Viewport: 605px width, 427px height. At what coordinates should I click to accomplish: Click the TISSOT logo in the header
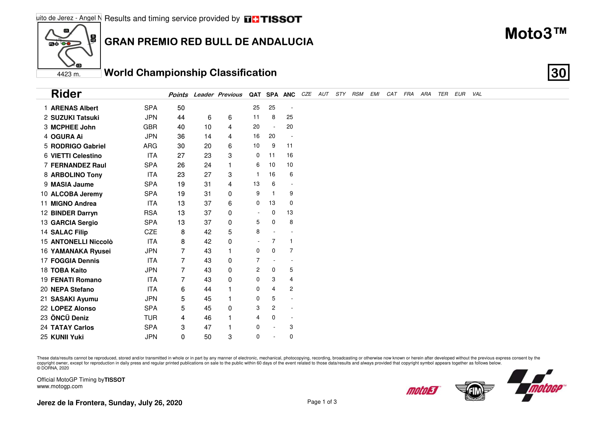pyautogui.click(x=273, y=19)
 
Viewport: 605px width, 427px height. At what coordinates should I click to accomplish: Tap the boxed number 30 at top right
pyautogui.click(x=558, y=73)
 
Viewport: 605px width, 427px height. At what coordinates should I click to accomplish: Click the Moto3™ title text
pyautogui.click(x=535, y=34)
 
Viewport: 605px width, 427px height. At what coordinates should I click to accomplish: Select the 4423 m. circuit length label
pyautogui.click(x=69, y=74)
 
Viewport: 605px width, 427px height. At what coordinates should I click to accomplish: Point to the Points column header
pyautogui.click(x=178, y=95)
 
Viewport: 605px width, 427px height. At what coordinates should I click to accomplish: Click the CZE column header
pyautogui.click(x=306, y=94)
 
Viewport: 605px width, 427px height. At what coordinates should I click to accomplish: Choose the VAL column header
pyautogui.click(x=477, y=94)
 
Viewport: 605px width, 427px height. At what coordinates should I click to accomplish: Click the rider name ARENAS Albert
pyautogui.click(x=74, y=108)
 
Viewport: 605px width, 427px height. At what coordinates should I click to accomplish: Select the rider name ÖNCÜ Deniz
pyautogui.click(x=70, y=318)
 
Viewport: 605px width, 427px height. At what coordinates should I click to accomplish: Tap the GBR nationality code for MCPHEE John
pyautogui.click(x=150, y=127)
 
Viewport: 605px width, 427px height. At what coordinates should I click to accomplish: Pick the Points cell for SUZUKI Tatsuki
pyautogui.click(x=181, y=118)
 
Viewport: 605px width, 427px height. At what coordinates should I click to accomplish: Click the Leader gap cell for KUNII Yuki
pyautogui.click(x=208, y=337)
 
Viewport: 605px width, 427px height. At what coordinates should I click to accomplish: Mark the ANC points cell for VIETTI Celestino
pyautogui.click(x=290, y=156)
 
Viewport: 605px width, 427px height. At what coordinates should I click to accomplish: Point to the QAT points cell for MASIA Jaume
pyautogui.click(x=256, y=184)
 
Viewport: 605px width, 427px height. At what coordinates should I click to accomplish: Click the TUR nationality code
pyautogui.click(x=151, y=318)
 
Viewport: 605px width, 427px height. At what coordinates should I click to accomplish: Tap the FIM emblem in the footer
pyautogui.click(x=475, y=391)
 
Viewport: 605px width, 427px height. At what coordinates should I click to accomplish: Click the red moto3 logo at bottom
pyautogui.click(x=423, y=390)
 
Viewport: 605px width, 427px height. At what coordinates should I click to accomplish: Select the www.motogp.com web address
pyautogui.click(x=60, y=386)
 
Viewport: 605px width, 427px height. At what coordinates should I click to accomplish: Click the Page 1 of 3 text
pyautogui.click(x=322, y=402)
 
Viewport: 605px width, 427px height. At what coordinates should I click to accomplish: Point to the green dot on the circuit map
pyautogui.click(x=64, y=44)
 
